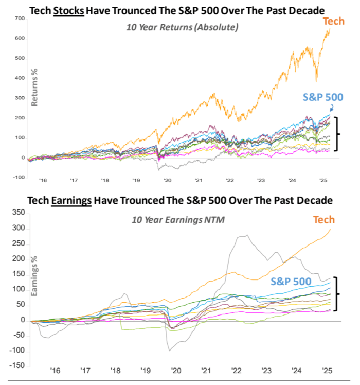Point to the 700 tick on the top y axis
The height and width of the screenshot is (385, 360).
(x=20, y=18)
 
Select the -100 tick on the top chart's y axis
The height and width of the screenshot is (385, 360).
(x=18, y=178)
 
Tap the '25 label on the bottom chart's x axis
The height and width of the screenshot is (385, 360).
(x=326, y=370)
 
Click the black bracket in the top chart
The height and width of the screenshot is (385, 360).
(x=337, y=134)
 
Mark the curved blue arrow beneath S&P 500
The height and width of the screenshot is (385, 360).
(x=331, y=108)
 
